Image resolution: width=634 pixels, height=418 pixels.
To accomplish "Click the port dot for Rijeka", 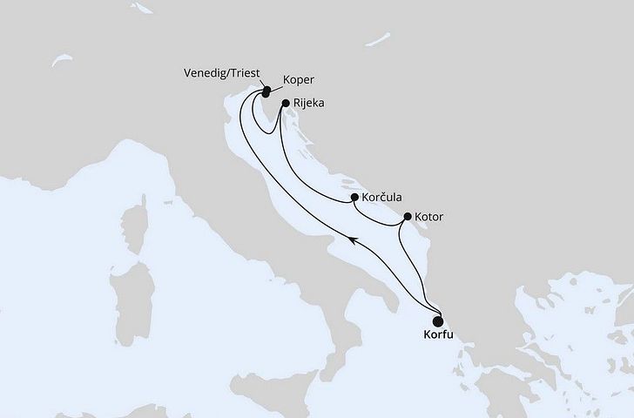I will (x=286, y=103).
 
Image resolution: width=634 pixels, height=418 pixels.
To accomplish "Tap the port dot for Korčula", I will (x=354, y=198).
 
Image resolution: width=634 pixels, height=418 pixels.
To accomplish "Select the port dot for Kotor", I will (x=408, y=217).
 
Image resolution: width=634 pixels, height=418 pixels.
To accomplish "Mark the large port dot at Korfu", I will (x=437, y=320).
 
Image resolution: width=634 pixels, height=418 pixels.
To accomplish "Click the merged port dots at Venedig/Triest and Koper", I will (x=266, y=89).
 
